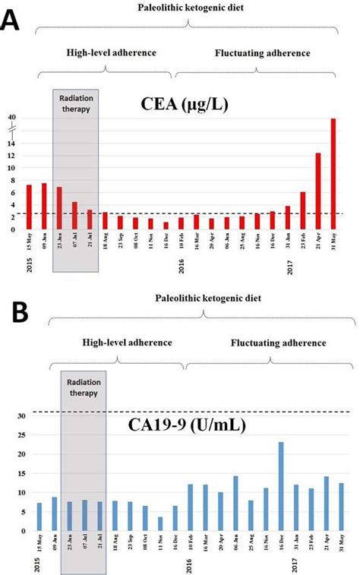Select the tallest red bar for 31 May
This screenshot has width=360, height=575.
333,173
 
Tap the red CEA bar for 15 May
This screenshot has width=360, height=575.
29,207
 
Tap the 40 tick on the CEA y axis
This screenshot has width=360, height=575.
11,118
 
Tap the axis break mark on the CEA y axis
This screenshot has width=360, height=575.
11,130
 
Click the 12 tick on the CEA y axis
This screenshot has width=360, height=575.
11,155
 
